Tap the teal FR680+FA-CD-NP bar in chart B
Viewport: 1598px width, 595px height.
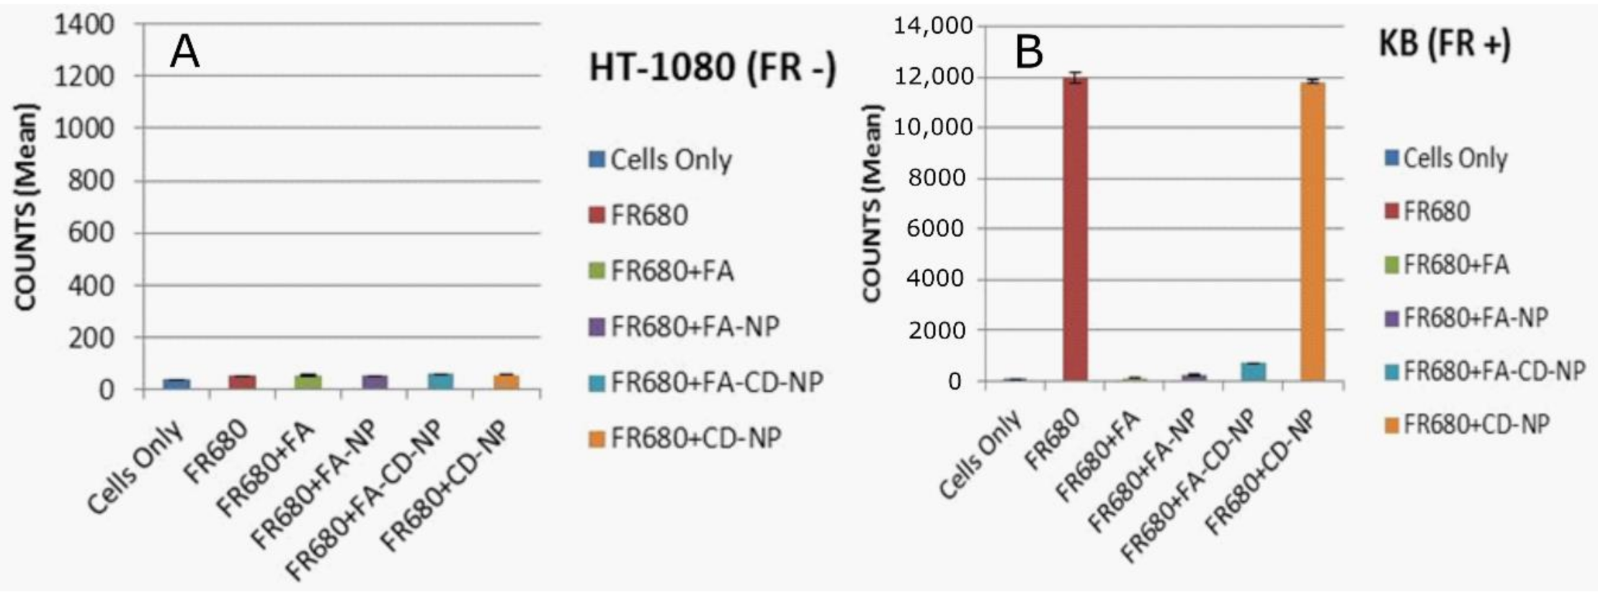click(1252, 372)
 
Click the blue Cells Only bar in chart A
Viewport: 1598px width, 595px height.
click(177, 384)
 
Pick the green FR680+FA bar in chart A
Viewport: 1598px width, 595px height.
click(308, 382)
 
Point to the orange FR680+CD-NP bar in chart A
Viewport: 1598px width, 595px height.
click(506, 382)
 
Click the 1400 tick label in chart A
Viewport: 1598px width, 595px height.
click(84, 24)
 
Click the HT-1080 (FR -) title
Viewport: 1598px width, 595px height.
click(713, 69)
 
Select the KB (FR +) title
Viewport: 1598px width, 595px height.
click(1445, 45)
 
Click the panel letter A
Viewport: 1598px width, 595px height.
click(184, 53)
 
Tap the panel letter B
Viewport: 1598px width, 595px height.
click(1029, 53)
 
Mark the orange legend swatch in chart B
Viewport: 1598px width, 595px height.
click(1391, 425)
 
